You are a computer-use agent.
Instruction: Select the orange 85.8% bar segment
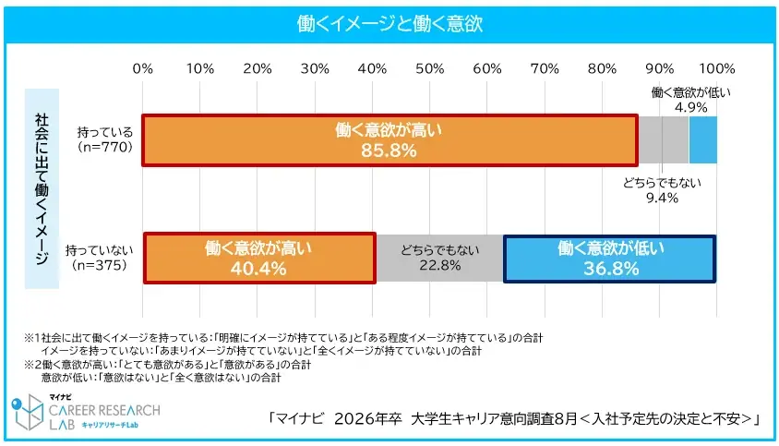(389, 139)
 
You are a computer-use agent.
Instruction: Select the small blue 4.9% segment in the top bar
(702, 139)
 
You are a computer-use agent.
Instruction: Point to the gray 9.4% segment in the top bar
(663, 139)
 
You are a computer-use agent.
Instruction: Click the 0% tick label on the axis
(143, 68)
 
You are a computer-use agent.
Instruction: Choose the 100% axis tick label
(716, 68)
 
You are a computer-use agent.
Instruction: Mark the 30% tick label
(316, 68)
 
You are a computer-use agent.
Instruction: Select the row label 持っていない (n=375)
(101, 257)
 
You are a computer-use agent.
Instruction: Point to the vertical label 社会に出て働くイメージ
(42, 189)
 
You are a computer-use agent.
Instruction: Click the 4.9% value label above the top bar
(690, 107)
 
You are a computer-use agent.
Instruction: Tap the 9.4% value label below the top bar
(662, 198)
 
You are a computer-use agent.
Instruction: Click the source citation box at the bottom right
(513, 419)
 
